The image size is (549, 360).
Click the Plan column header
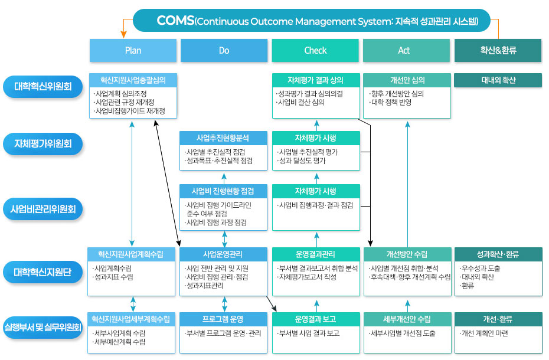[x=133, y=50]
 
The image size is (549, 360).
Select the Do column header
[x=224, y=50]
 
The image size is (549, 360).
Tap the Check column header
[x=315, y=50]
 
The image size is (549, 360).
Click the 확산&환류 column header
[x=498, y=50]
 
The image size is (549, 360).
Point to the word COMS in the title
[x=175, y=21]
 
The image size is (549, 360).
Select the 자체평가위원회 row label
[x=43, y=143]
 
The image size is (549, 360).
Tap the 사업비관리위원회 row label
[x=43, y=208]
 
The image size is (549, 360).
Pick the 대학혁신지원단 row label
[x=43, y=273]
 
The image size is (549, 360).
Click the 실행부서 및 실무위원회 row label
[x=43, y=328]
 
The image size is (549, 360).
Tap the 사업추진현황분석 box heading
[x=224, y=138]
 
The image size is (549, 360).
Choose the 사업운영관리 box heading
[x=224, y=254]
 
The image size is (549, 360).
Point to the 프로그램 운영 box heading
[x=224, y=319]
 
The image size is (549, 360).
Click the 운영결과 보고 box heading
[x=315, y=319]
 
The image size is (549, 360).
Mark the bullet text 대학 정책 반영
[x=390, y=102]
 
